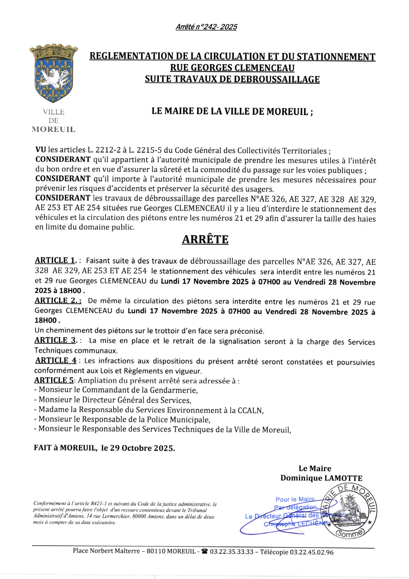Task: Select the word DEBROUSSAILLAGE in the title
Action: coord(277,79)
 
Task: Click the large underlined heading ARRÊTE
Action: coord(205,239)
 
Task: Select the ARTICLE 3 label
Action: coord(55,340)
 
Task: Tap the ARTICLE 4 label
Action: coord(56,360)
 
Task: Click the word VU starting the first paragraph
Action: coord(41,150)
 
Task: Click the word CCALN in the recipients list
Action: coord(250,411)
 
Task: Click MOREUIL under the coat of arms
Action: coord(53,130)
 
